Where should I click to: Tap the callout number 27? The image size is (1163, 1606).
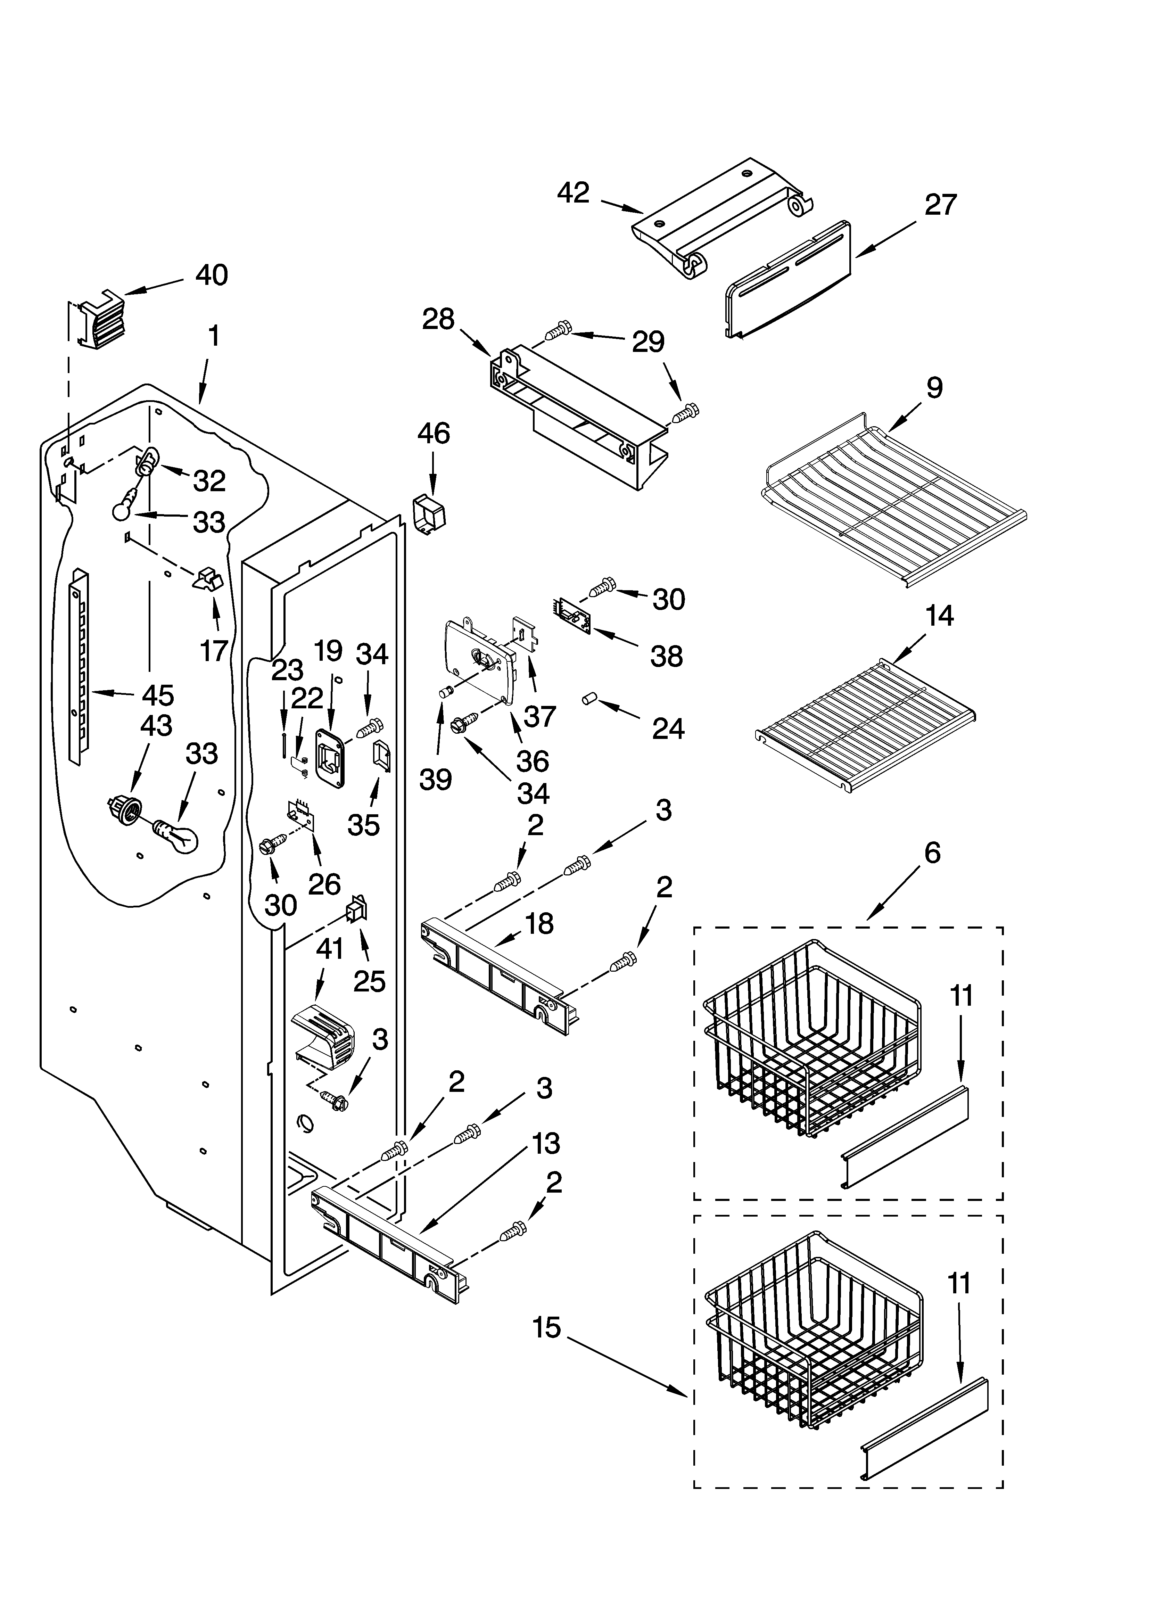pos(940,205)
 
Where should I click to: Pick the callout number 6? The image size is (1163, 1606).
pos(932,853)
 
